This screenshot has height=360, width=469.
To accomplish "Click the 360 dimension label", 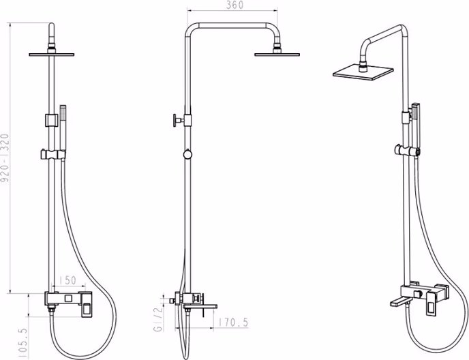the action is pyautogui.click(x=234, y=5).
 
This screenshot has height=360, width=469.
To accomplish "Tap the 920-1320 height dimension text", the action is pyautogui.click(x=5, y=158).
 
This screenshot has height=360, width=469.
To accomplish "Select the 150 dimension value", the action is pyautogui.click(x=67, y=280).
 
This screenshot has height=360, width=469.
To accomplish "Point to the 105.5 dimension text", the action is pyautogui.click(x=22, y=343).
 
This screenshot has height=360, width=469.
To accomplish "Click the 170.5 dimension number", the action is pyautogui.click(x=233, y=322).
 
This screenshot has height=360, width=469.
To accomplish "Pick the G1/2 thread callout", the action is pyautogui.click(x=158, y=319).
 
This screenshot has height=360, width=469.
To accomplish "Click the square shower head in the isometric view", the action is pyautogui.click(x=363, y=72).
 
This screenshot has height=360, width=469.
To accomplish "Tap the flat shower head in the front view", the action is pyautogui.click(x=51, y=55).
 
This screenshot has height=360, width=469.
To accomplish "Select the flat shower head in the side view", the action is pyautogui.click(x=277, y=55).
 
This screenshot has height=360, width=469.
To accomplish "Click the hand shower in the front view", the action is pyautogui.click(x=63, y=128).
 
